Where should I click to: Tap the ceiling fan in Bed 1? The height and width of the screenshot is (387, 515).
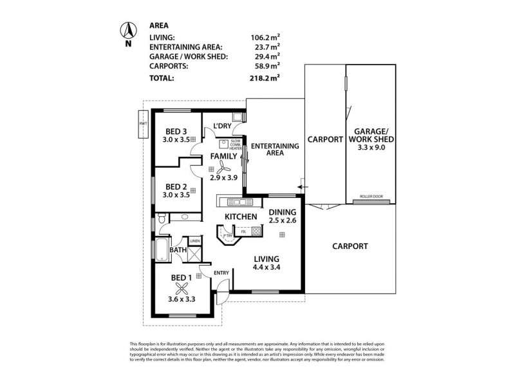click(x=183, y=290)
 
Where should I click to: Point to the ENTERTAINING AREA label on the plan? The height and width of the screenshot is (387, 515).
click(x=275, y=150)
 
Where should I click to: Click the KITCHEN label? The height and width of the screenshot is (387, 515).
click(x=241, y=216)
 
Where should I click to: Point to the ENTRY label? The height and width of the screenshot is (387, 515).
click(x=221, y=273)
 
